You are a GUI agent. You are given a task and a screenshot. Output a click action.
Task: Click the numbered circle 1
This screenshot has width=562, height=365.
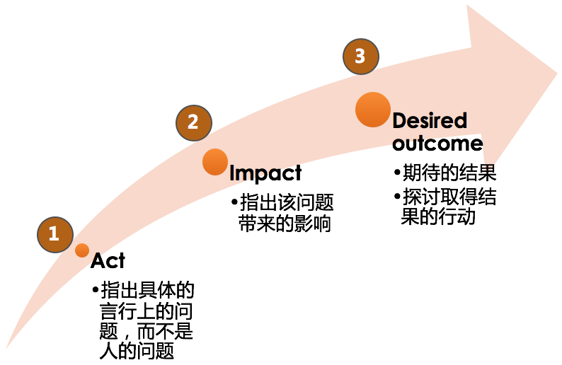(x=54, y=234)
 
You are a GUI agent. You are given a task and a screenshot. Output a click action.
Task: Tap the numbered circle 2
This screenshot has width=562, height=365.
(x=193, y=122)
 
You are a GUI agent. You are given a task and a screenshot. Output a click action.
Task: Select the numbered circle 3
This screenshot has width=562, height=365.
(x=360, y=56)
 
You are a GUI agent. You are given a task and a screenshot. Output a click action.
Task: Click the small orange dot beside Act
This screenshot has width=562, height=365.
(x=82, y=250)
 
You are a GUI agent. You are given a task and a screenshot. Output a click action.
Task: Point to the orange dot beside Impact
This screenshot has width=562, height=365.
(x=215, y=161)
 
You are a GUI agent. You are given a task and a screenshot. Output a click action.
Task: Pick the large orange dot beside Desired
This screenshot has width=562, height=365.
(x=373, y=110)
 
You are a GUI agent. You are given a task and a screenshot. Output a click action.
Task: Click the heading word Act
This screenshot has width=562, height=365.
(x=108, y=261)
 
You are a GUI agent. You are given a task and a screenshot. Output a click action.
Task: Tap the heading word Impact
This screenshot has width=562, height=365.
(x=265, y=173)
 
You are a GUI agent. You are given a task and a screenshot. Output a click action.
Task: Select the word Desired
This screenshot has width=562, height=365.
(x=430, y=121)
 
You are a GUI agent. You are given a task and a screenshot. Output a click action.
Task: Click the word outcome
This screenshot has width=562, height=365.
(x=437, y=144)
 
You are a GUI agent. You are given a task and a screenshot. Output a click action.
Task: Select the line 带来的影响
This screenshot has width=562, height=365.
(x=287, y=224)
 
